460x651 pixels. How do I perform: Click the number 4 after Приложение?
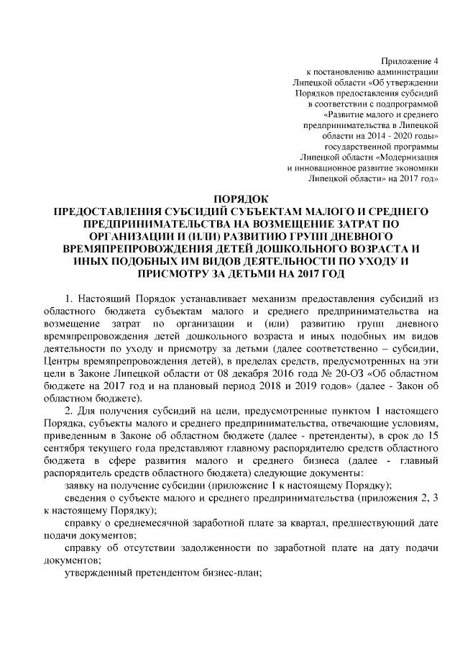coord(435,60)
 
